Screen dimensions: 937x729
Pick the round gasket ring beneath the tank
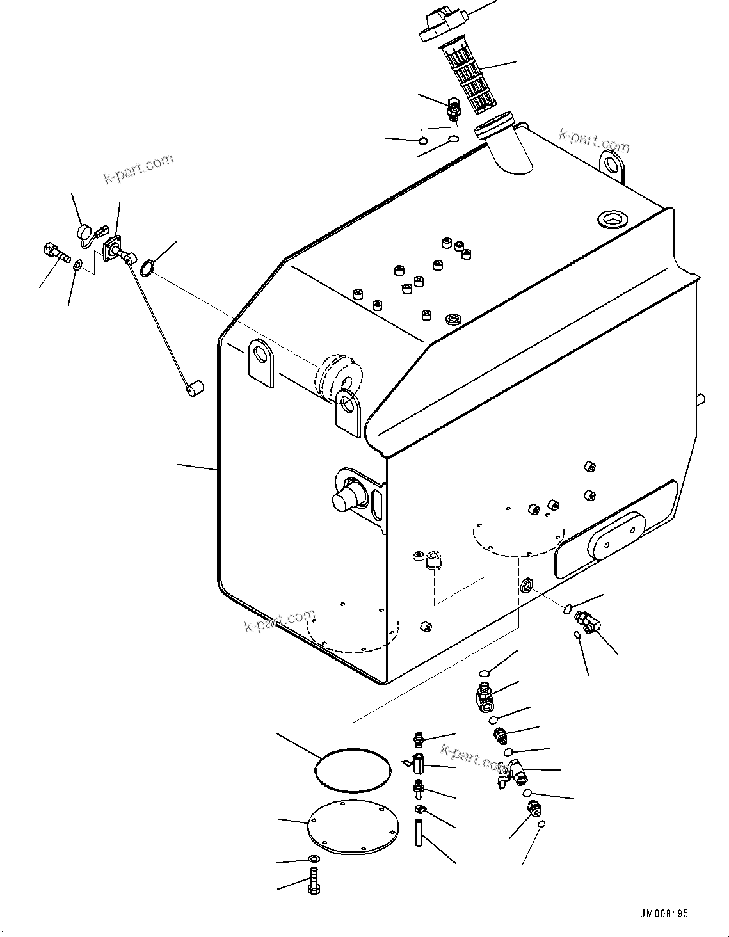point(353,769)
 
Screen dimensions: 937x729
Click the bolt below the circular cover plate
point(314,881)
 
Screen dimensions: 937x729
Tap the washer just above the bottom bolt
point(314,858)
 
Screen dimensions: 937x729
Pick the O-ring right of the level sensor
point(146,268)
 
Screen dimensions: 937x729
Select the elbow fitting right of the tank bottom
point(588,621)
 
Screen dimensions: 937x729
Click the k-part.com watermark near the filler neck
point(594,140)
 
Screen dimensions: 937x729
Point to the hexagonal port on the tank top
point(611,219)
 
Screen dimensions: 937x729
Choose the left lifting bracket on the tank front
point(261,360)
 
